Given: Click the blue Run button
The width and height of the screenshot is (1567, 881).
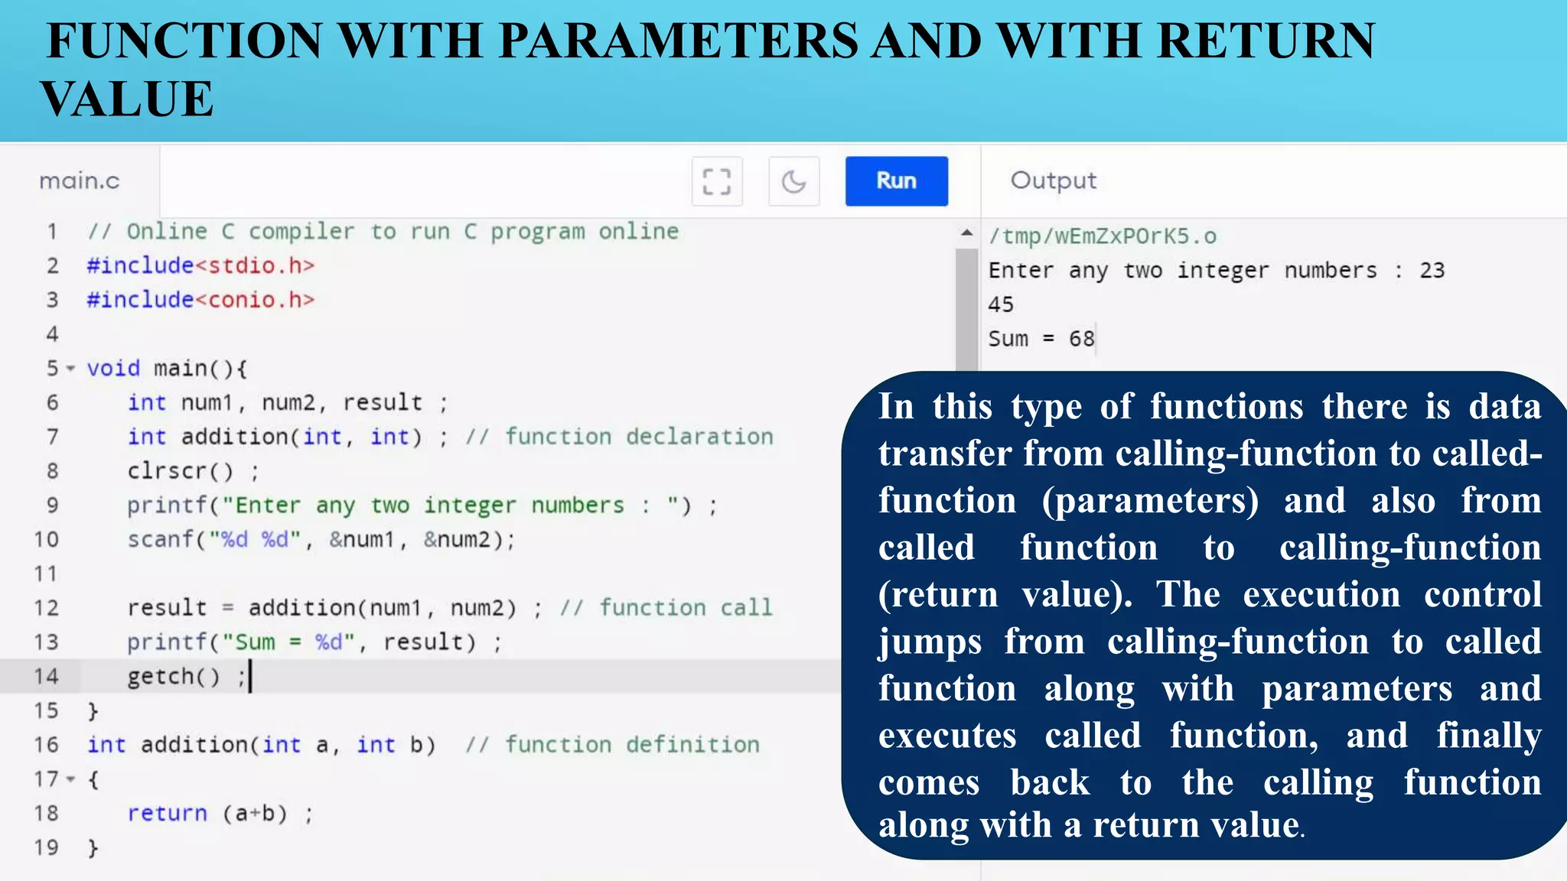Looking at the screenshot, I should (896, 181).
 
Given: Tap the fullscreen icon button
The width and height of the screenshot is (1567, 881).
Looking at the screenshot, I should (717, 182).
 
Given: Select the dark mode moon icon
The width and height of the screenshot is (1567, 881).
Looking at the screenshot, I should (793, 182).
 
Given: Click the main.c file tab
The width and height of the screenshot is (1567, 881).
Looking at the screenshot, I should (80, 181).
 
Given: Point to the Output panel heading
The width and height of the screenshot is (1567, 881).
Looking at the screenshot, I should (1053, 180).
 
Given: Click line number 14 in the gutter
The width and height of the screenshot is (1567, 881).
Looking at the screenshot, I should (46, 677).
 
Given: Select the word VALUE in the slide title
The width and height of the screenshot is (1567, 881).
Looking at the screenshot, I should (127, 99).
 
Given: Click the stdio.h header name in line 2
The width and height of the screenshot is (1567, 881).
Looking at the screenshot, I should (254, 266).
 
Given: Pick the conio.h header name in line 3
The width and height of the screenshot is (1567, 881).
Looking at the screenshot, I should (254, 300).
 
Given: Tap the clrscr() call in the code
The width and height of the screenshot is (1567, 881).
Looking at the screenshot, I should (181, 471).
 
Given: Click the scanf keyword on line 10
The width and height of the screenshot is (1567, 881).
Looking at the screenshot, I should (160, 540).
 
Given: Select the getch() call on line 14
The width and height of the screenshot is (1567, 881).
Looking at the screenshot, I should (174, 677).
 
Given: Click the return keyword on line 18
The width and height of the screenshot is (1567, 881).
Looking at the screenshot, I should (167, 814).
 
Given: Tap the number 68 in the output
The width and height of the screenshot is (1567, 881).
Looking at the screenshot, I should (1081, 339).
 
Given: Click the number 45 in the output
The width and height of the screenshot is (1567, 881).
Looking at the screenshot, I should (1000, 305).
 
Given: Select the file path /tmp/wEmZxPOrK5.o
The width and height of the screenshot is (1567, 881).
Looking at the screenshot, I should (1102, 236).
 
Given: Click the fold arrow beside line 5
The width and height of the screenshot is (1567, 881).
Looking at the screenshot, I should (70, 369).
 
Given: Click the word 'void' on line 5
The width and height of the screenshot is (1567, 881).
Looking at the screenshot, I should (113, 369).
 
